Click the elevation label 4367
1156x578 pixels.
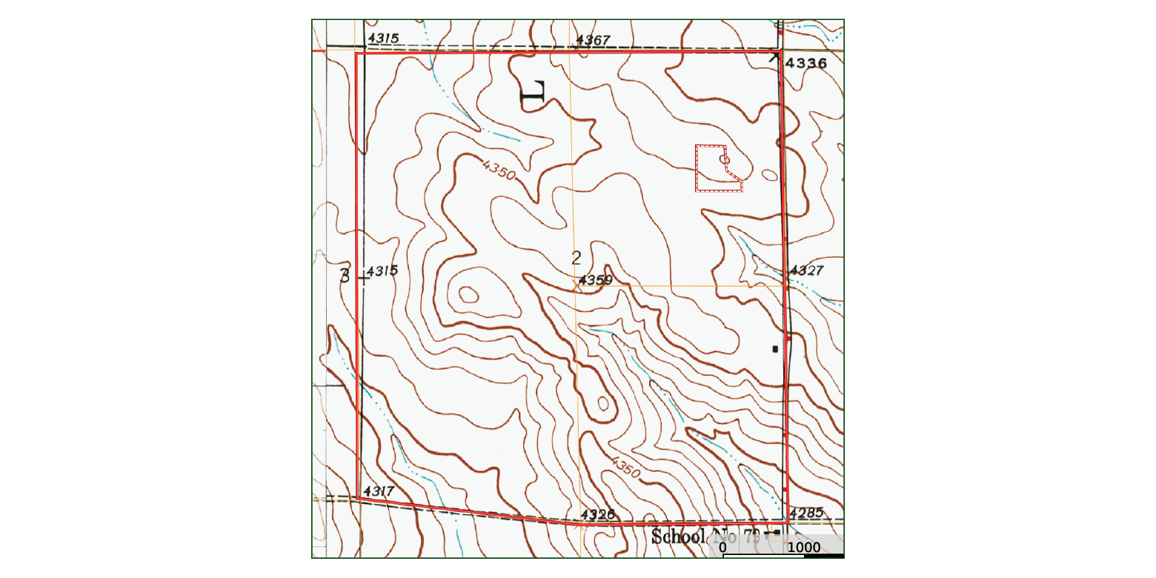pos(593,40)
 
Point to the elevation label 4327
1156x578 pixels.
pos(806,271)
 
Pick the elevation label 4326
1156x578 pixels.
pos(598,514)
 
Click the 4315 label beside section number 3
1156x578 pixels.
pos(382,271)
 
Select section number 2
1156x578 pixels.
pos(576,258)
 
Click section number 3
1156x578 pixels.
pos(345,276)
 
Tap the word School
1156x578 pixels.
pos(677,537)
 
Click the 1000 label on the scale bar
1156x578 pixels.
pos(804,548)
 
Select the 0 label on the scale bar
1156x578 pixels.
pos(722,548)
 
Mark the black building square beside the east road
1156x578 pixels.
pos(775,348)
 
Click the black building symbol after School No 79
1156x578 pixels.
pos(776,533)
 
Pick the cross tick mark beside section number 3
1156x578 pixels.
pos(363,278)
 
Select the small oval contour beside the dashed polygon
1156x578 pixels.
pos(770,175)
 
